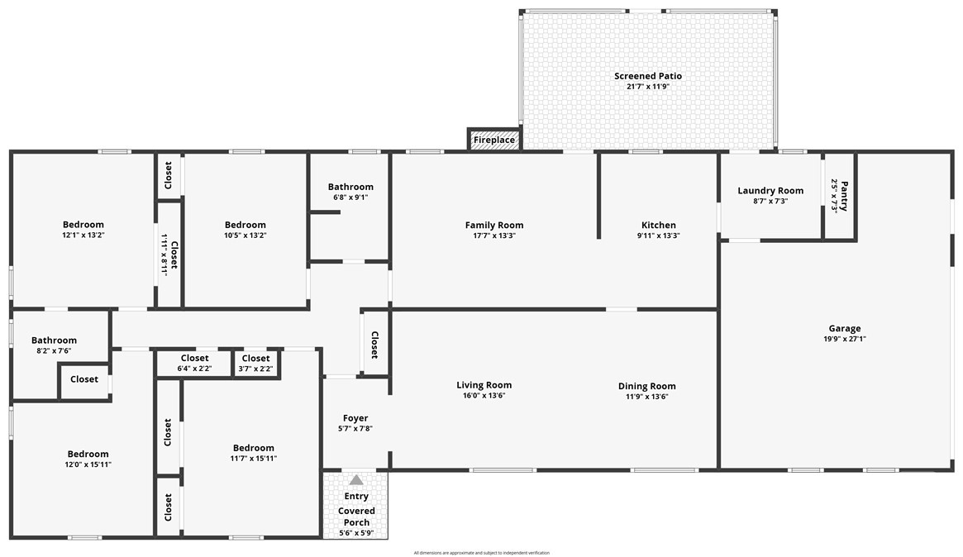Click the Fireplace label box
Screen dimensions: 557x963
tap(494, 140)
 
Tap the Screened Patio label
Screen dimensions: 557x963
tap(647, 76)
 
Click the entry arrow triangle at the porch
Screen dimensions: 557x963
tap(356, 479)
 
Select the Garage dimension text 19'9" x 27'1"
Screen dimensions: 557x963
tap(845, 339)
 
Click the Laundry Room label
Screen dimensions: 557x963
tap(770, 191)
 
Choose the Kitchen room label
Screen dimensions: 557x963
tap(658, 225)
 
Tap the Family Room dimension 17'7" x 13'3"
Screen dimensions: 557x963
tap(494, 236)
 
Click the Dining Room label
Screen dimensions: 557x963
tap(646, 386)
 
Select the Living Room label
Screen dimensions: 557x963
tap(484, 385)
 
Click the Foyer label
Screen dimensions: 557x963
tap(355, 418)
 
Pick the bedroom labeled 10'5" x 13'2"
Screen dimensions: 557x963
tap(245, 225)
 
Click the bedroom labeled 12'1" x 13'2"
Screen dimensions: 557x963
tap(83, 225)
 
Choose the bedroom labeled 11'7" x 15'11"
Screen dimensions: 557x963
tap(253, 448)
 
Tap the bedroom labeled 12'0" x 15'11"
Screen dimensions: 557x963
tap(88, 454)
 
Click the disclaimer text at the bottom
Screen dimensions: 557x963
tap(481, 553)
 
